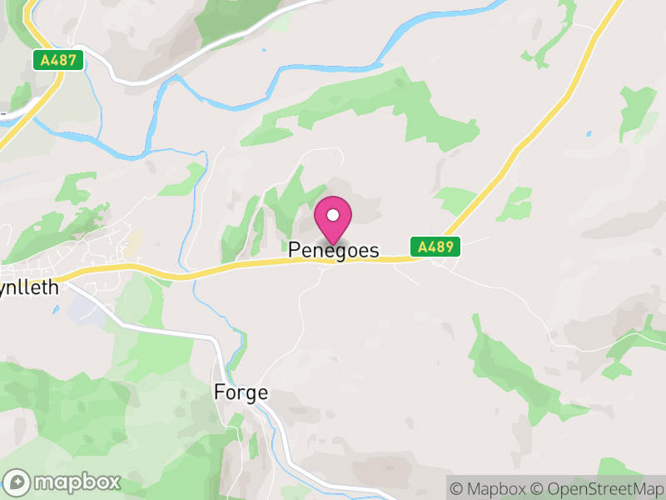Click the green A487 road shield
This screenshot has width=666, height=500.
pos(57,60)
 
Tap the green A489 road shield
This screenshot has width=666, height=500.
pos(435,247)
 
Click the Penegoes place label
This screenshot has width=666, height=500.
pos(333,250)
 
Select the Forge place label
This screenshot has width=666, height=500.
pos(241,392)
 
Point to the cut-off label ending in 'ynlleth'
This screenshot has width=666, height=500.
pos(30,288)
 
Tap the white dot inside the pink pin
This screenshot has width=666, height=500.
pos(333,216)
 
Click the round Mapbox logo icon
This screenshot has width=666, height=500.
pos(17,482)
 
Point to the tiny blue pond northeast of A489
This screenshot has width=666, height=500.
pos(589,132)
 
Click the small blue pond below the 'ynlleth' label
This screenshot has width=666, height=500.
pos(55,310)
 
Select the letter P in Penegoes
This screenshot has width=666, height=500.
pos(295,250)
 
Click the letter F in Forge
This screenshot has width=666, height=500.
pos(219,392)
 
